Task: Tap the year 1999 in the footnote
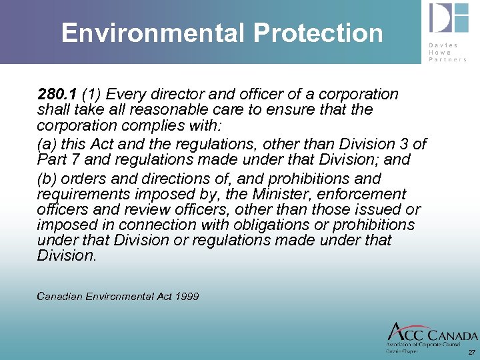[x=187, y=296]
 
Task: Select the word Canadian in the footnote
[x=59, y=296]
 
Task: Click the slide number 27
[x=471, y=352]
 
